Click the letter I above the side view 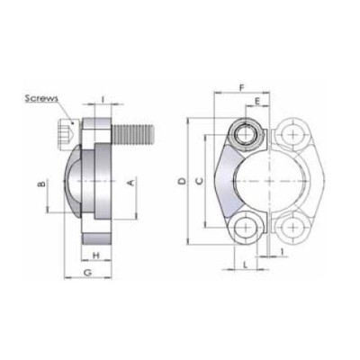(104, 97)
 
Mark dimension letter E (257, 103)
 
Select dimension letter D (182, 182)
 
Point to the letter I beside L (284, 252)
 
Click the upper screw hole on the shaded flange (246, 136)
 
